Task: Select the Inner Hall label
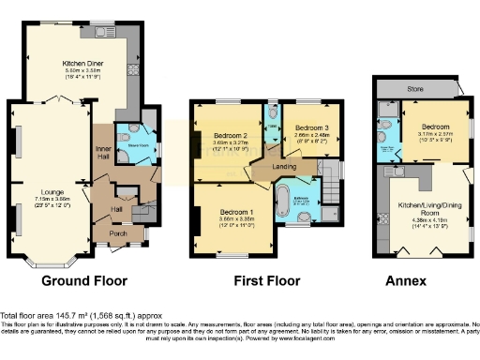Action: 103,155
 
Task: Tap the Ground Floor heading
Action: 84,279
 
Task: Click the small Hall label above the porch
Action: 117,209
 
